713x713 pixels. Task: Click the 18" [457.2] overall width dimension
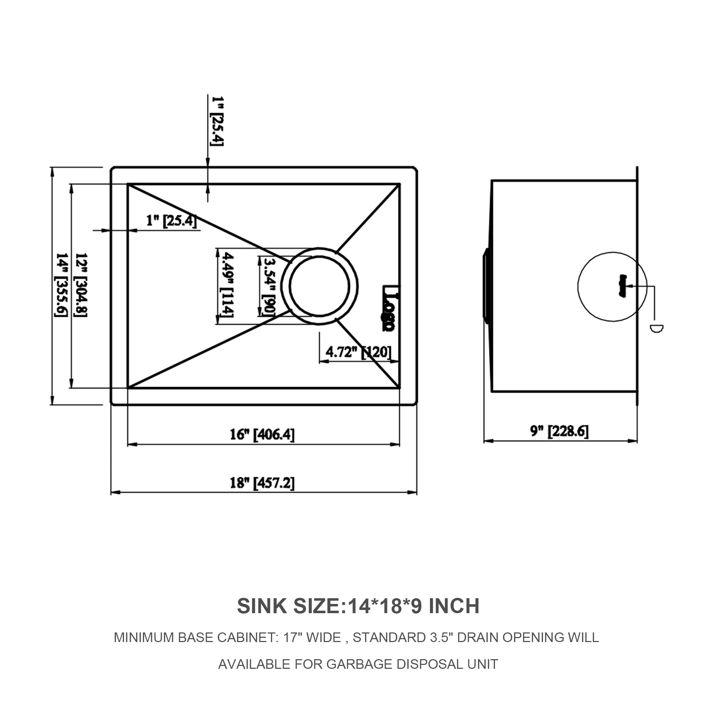pos(262,483)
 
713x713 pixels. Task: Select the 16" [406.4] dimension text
pos(262,434)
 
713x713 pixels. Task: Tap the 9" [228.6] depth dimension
pos(559,431)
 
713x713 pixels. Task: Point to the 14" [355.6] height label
pos(61,285)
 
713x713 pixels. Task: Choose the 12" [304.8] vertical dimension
pos(81,285)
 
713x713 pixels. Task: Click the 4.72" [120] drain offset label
pos(358,352)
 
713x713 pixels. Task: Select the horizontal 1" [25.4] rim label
pos(171,221)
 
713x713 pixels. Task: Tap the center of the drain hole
pos(319,286)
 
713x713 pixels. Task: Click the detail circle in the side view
pos(612,286)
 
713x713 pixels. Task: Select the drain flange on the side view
pos(486,286)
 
